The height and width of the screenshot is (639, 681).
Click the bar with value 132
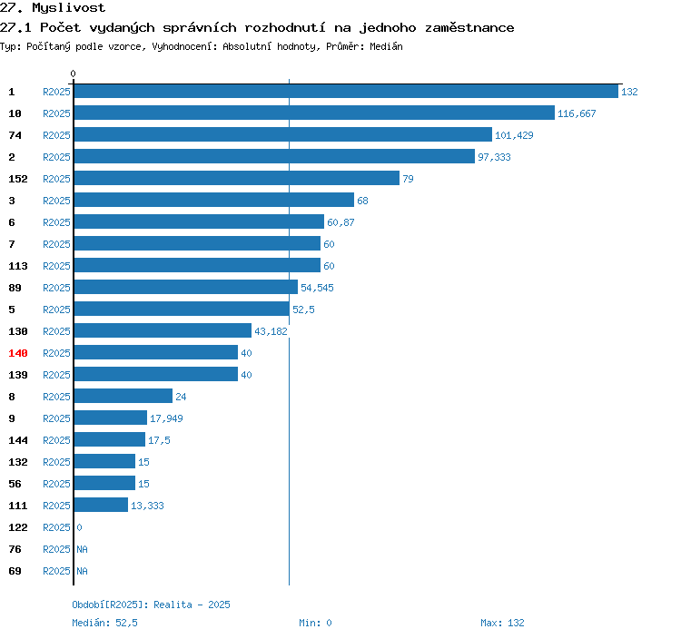[346, 91]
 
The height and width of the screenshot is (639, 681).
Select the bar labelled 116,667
[314, 113]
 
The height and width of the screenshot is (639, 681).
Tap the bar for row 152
[237, 179]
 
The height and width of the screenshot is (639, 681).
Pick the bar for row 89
[186, 287]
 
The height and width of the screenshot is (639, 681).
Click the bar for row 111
[101, 505]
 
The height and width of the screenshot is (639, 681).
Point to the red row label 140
[18, 353]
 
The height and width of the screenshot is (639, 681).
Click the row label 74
[15, 135]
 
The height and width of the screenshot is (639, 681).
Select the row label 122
[18, 527]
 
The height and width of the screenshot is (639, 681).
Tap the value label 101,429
[514, 135]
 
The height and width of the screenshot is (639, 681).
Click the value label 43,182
[271, 331]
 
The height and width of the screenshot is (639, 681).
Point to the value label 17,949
[166, 418]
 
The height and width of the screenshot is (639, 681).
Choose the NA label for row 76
[82, 549]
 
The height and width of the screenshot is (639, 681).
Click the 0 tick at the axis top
[73, 74]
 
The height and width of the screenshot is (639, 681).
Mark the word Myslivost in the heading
[69, 8]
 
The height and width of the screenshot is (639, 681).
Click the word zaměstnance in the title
[469, 28]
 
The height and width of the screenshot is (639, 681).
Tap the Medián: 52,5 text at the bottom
[104, 623]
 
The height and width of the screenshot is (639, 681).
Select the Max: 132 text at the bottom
[502, 623]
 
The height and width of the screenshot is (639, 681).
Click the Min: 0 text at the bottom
[315, 623]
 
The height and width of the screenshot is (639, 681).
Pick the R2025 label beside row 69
[56, 571]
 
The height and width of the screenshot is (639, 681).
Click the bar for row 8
[123, 396]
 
